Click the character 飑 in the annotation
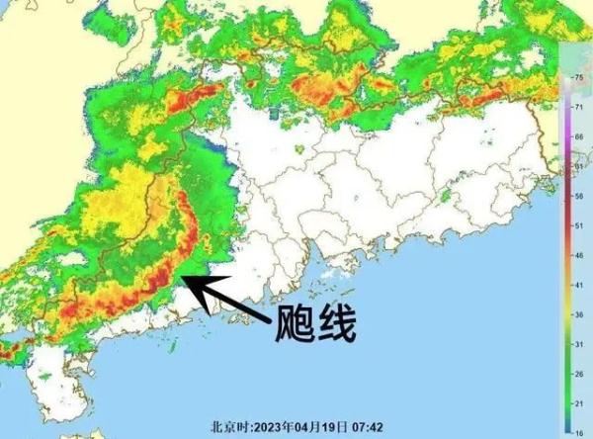[296, 323]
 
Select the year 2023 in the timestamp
[268, 428]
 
